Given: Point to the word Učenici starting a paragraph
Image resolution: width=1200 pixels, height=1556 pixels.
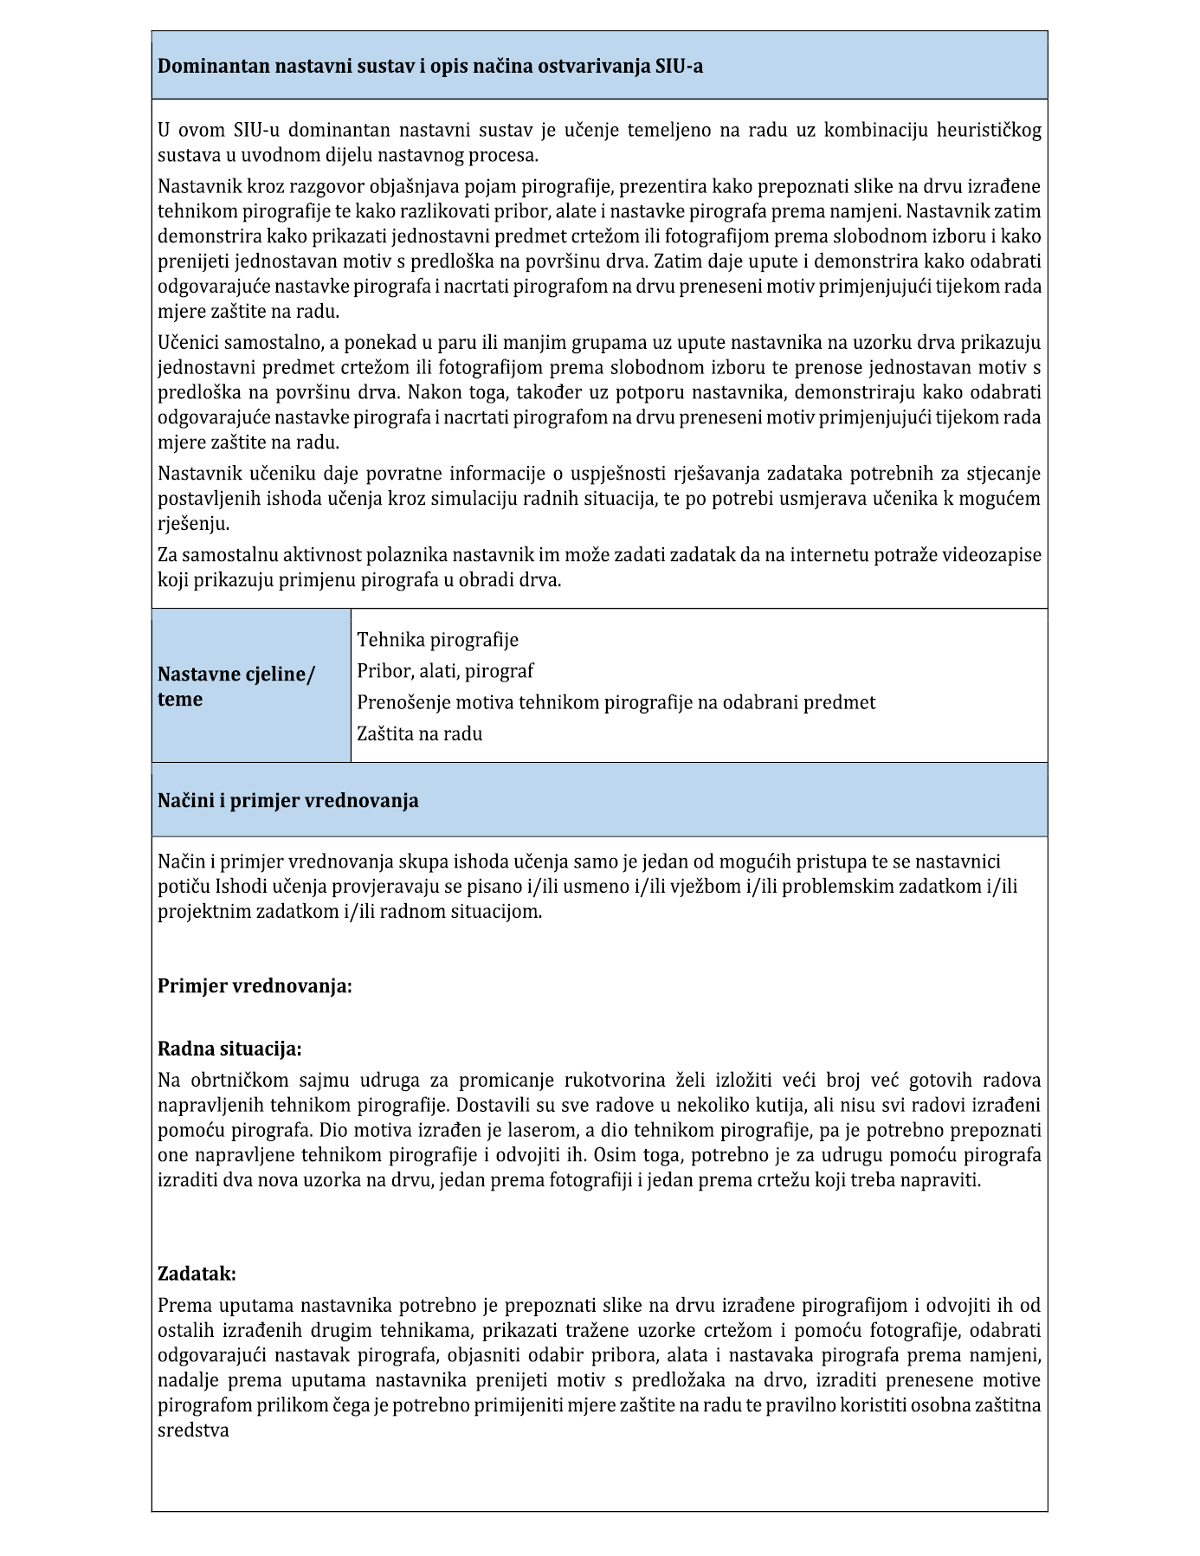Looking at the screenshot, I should [x=190, y=342].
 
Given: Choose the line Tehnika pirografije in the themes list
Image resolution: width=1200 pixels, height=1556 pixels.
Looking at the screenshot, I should [x=437, y=640].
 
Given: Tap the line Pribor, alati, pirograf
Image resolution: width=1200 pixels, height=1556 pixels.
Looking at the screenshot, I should [x=445, y=671].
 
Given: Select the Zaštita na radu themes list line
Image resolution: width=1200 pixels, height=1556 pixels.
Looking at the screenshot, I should [x=419, y=733].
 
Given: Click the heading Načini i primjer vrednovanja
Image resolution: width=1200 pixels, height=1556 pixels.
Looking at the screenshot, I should [x=287, y=801].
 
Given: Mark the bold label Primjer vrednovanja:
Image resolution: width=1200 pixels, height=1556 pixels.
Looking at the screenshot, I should [x=255, y=986].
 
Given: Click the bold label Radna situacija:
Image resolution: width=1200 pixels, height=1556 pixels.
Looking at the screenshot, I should [x=229, y=1049].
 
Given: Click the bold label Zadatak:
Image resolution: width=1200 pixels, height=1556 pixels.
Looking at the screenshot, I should [x=197, y=1274].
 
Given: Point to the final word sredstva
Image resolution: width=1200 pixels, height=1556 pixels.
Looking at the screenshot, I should [x=193, y=1430].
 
